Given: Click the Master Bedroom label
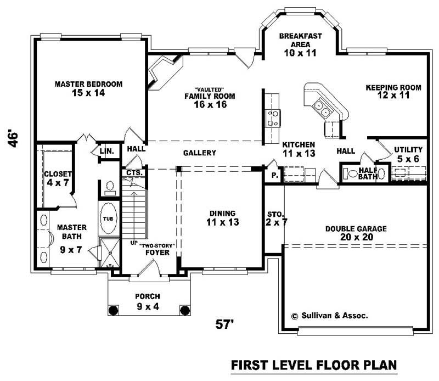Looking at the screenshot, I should click(88, 88).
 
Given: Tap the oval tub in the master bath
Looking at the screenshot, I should click(108, 218).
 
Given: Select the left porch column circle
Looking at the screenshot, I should click(114, 310).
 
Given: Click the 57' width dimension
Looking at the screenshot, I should click(225, 324).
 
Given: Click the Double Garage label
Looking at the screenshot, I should click(356, 233).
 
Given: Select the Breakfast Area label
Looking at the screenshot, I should click(300, 44).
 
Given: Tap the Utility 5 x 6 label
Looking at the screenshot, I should click(408, 154).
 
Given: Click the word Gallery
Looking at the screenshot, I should click(199, 153).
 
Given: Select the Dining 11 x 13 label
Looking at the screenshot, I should click(222, 217).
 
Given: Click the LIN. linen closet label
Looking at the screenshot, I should click(106, 150).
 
